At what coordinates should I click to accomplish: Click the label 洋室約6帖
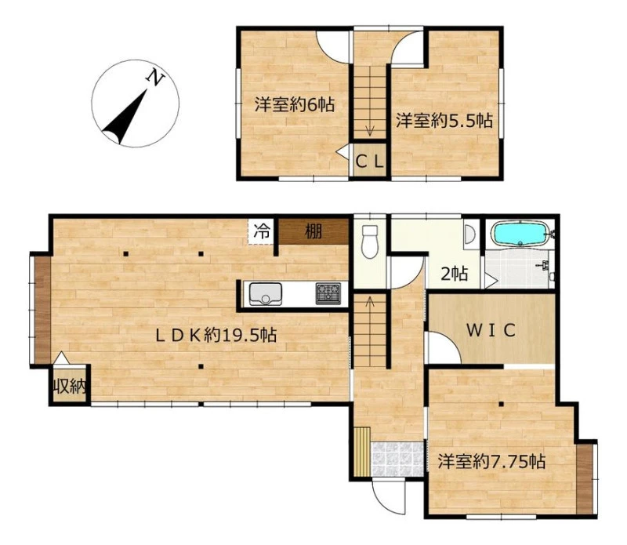point(295,105)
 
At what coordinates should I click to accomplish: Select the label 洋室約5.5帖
point(444,121)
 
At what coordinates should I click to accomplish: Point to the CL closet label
point(370,162)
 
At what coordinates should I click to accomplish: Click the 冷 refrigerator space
point(262,231)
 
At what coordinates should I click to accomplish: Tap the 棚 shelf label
point(313,231)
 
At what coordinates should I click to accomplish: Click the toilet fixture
point(369,242)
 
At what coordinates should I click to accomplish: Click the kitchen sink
point(266,294)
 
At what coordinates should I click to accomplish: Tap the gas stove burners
point(328,294)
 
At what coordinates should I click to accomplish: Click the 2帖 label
point(454,274)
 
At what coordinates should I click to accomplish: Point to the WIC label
point(491,330)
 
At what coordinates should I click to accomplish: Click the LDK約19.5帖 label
point(216,335)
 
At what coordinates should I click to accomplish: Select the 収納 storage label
point(71,387)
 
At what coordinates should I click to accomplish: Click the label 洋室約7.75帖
point(491,461)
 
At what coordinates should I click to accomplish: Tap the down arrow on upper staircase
point(370,130)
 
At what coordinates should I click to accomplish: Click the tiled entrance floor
point(397,459)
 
